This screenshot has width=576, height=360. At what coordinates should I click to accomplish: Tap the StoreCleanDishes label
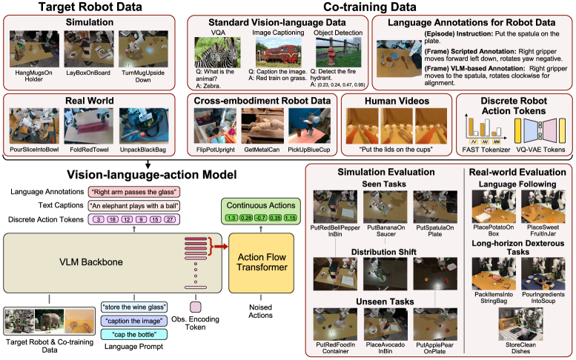[x=515, y=348]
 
